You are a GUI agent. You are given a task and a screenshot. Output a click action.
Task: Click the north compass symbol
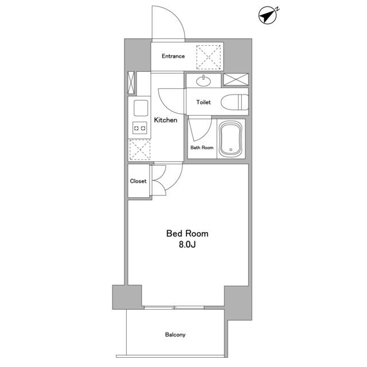point(268,15)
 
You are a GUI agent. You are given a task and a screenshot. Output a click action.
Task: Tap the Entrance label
point(173,56)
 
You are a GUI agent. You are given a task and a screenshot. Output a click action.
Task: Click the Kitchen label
point(166,120)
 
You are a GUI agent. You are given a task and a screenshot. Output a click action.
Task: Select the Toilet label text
point(204,102)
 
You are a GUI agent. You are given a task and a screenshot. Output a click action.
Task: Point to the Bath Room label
point(202,148)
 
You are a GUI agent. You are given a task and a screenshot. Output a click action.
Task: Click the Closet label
point(138,181)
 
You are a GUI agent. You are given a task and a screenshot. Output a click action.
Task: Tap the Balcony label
point(175,335)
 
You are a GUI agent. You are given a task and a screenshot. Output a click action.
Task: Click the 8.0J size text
point(188,245)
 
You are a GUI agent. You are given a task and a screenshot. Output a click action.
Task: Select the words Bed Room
point(188,233)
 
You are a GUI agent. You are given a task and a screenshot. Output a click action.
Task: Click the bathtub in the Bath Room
point(231,138)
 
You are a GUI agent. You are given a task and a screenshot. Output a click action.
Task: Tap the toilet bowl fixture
point(235,102)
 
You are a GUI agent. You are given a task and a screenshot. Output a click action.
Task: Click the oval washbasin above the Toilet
point(204,81)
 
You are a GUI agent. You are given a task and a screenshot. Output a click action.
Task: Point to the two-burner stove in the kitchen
point(140,128)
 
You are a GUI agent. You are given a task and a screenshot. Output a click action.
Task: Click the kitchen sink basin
point(140,108)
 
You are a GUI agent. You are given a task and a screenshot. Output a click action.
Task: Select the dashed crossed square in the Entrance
point(208,57)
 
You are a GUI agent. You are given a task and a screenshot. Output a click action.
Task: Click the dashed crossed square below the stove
point(140,150)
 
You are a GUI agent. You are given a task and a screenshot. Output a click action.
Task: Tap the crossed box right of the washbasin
point(236,79)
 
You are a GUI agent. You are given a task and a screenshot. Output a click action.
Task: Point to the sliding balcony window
point(174,307)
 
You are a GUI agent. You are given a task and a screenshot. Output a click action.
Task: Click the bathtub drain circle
point(231,150)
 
